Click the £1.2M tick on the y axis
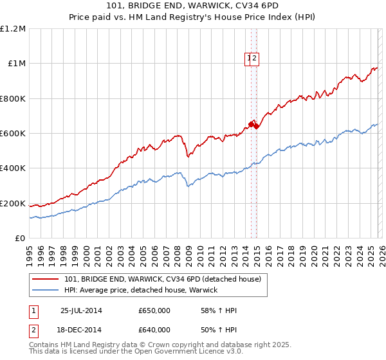click(x=14, y=29)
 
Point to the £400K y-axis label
click(x=14, y=168)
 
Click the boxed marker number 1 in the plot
click(x=249, y=59)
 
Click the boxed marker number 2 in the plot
click(x=255, y=59)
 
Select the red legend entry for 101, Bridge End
click(x=162, y=279)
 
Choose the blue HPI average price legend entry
click(x=141, y=290)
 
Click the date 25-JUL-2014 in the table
click(x=81, y=310)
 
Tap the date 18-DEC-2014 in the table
click(x=81, y=330)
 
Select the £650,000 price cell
click(x=154, y=310)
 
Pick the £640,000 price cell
click(x=154, y=330)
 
